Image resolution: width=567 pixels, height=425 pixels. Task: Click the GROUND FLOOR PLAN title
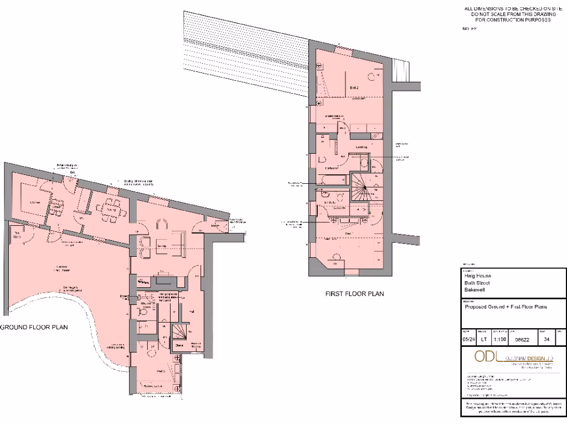tap(34, 327)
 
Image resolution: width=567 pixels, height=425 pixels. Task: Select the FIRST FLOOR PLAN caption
tap(354, 294)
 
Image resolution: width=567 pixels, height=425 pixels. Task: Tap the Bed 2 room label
tap(355, 88)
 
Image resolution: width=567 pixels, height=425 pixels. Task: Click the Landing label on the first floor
tap(362, 147)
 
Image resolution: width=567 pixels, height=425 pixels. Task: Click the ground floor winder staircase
tap(179, 332)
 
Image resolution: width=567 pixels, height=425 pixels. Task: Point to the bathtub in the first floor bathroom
tap(331, 179)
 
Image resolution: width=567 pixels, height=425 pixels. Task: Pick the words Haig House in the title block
tap(478, 275)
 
